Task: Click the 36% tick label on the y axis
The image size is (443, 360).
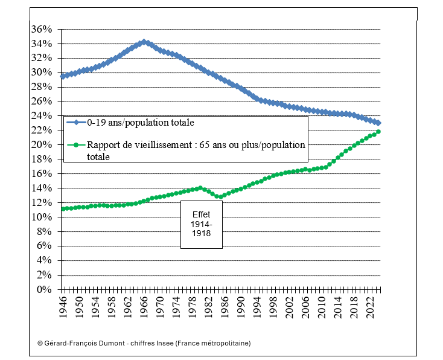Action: [x=45, y=29]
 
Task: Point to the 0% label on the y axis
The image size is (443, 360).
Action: [x=47, y=289]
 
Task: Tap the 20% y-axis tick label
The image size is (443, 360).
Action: [x=45, y=145]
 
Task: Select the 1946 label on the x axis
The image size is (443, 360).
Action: [x=63, y=307]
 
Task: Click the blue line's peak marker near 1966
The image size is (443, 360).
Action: [x=144, y=42]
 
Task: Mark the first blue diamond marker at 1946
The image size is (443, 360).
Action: [x=63, y=77]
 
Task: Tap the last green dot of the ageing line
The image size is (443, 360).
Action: [x=378, y=132]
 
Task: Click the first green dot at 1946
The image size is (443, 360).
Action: [x=63, y=209]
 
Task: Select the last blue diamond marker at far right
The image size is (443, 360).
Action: [x=378, y=123]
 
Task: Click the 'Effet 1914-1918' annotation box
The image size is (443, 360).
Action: [x=202, y=223]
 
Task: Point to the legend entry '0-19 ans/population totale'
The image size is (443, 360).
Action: [x=142, y=123]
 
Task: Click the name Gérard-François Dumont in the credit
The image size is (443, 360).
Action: [x=82, y=343]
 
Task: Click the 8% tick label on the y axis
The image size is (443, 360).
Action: [x=47, y=231]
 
